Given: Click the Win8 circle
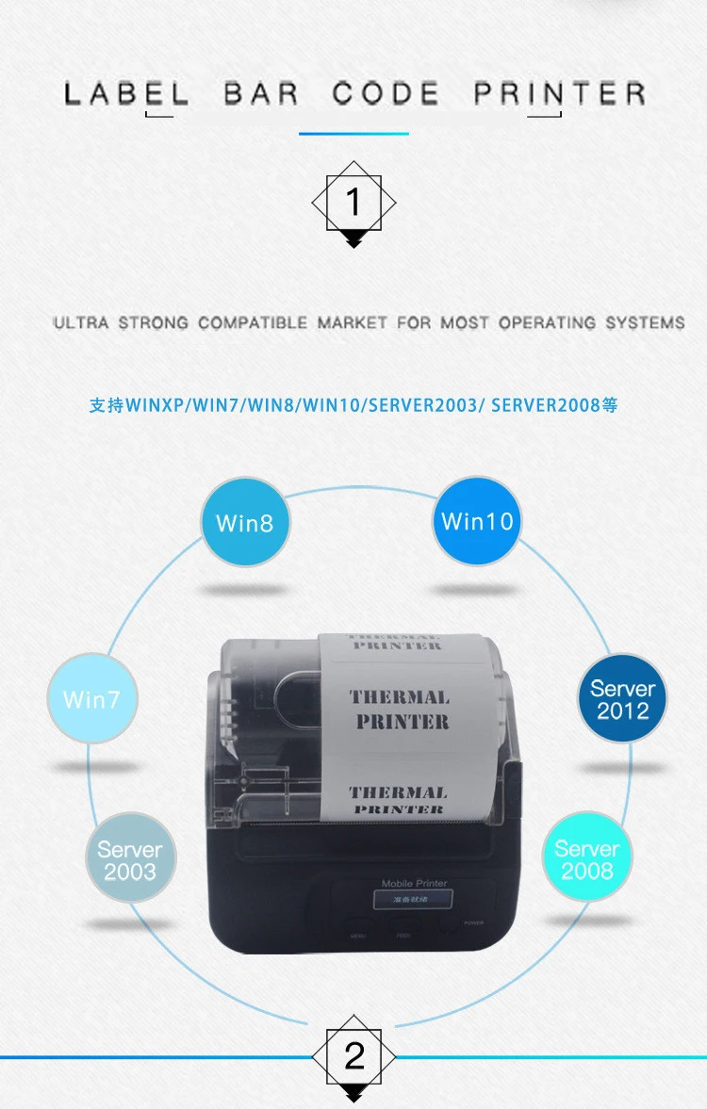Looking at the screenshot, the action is [245, 522].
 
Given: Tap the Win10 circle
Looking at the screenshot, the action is [477, 521].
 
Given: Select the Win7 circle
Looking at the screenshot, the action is [92, 699].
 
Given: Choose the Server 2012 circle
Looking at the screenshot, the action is [622, 699].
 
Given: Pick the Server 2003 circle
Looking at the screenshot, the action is [130, 860].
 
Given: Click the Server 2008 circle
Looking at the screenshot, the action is [587, 859].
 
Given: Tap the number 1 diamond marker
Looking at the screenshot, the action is [353, 202].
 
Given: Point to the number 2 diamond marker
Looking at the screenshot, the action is [353, 1056].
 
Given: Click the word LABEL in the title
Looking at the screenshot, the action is [126, 94].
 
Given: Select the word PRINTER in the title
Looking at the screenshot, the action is [560, 94].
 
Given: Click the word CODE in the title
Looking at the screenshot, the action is [386, 94].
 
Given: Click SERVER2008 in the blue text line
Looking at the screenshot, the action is [546, 406].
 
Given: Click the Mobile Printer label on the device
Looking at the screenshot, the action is [414, 884].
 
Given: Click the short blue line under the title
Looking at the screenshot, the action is [353, 134].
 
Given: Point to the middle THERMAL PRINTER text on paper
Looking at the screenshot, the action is [400, 709].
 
